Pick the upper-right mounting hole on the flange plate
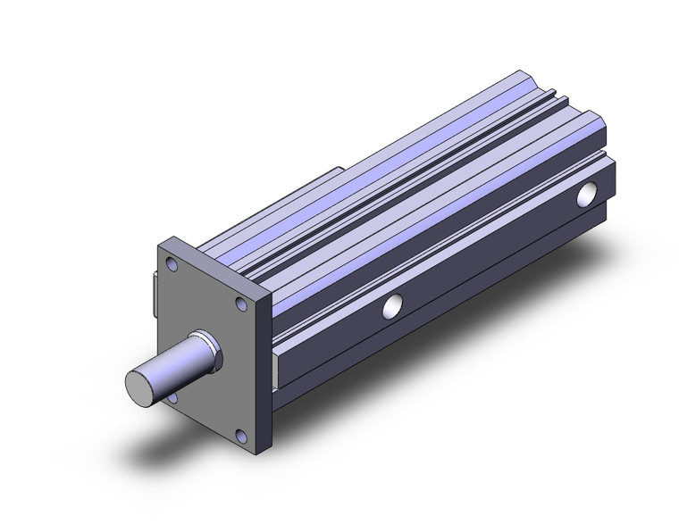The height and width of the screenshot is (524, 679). [x=241, y=305]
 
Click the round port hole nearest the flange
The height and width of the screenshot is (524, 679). [x=391, y=307]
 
